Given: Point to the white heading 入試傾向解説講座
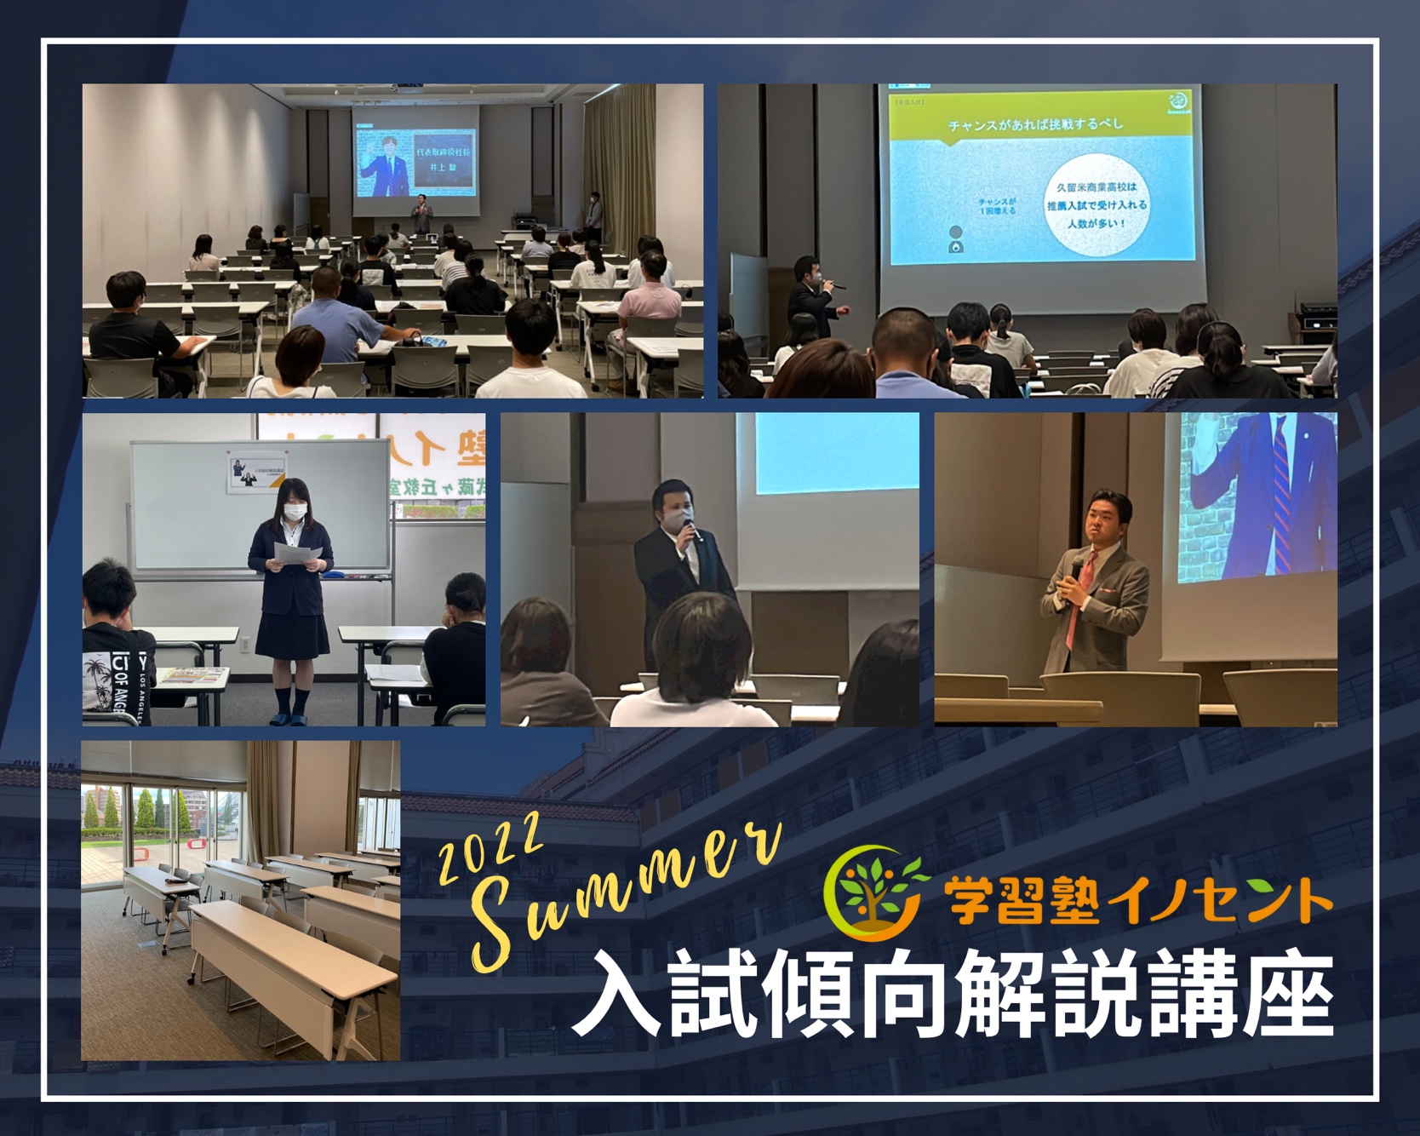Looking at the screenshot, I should click(x=953, y=994).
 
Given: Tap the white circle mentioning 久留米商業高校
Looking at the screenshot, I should click(x=1096, y=205).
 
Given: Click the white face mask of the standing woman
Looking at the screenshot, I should click(x=295, y=512).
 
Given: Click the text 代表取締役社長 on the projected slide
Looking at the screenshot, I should click(x=443, y=152).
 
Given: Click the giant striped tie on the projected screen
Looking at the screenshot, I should click(x=1281, y=495).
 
